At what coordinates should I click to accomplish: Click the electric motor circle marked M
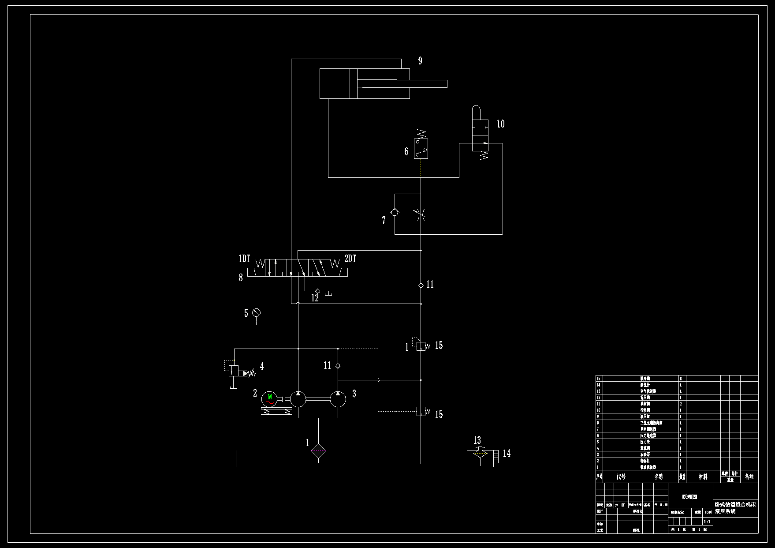tap(269, 399)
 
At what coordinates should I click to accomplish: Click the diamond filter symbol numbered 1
tap(318, 451)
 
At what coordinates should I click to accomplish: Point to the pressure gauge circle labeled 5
tap(256, 313)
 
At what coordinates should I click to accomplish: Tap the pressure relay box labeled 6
tap(421, 149)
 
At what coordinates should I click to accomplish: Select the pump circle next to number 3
tap(338, 399)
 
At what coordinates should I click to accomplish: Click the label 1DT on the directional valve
tap(244, 259)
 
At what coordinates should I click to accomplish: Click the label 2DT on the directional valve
tap(350, 259)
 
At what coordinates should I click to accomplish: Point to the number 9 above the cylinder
tap(420, 61)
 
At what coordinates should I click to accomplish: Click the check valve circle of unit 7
tap(395, 212)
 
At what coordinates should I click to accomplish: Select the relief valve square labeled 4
tap(234, 371)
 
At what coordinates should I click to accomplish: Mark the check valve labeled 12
tap(317, 291)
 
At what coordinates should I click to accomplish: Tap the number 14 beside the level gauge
tap(507, 454)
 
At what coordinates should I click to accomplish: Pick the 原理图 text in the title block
tap(689, 497)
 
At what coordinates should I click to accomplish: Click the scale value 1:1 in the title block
tap(707, 522)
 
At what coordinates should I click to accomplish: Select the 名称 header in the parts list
tap(659, 477)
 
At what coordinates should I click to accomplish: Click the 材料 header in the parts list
tap(703, 477)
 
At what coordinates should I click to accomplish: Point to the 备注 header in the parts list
tap(749, 477)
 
